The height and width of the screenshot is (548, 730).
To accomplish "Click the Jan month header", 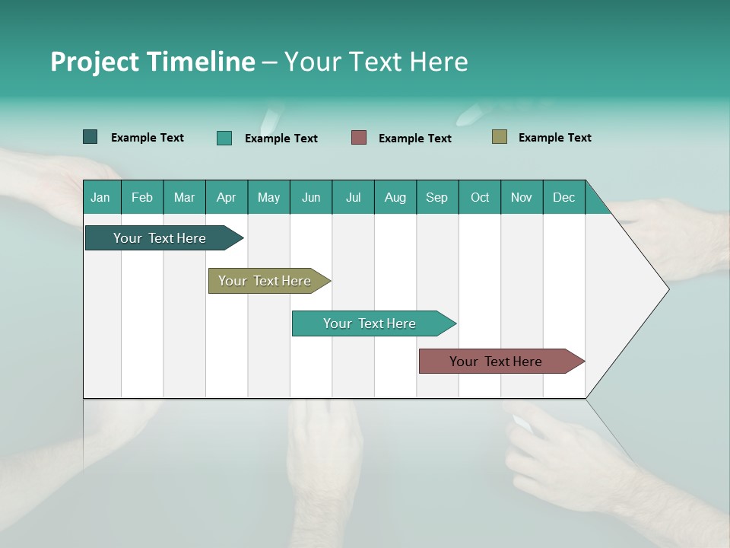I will (101, 197).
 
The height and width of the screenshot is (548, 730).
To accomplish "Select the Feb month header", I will (142, 197).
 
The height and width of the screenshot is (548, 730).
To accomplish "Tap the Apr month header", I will (226, 197).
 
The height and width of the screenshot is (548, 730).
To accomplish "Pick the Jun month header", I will (310, 197).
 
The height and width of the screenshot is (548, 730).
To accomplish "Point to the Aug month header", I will (395, 197).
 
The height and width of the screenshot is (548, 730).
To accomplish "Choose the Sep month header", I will (436, 197).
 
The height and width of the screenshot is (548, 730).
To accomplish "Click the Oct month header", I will (479, 197).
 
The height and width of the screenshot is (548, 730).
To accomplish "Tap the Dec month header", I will (563, 197).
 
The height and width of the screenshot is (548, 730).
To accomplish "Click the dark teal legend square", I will (90, 137).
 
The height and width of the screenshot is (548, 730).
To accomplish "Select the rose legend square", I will (359, 137).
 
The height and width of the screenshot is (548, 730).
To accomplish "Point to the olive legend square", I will (499, 137).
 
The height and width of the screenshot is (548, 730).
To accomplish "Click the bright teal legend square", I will (224, 138).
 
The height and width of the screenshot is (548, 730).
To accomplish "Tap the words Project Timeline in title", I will (152, 62).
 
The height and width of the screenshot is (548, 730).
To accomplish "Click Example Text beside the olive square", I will (554, 138).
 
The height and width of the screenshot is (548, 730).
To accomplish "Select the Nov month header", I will (522, 197).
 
